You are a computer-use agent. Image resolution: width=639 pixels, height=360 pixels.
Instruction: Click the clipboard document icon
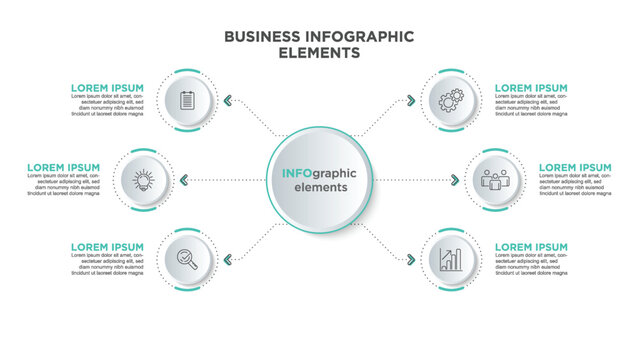(x=187, y=100)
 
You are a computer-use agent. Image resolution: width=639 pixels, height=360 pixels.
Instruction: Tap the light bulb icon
(x=143, y=180)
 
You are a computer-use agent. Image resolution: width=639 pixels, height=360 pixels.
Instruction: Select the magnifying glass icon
(x=187, y=259)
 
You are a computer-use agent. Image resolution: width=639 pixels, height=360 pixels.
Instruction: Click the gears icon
(x=450, y=100)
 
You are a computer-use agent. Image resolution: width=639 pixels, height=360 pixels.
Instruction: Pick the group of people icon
(x=494, y=180)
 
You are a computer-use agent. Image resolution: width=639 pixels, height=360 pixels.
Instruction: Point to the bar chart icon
(x=450, y=260)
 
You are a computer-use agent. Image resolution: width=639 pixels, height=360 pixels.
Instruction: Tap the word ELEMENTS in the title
(x=319, y=53)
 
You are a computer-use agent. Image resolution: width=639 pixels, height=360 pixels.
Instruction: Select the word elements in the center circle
(x=320, y=187)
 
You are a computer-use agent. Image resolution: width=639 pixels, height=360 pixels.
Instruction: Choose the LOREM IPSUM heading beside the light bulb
(x=64, y=167)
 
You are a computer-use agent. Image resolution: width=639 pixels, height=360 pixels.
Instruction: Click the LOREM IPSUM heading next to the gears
(x=531, y=88)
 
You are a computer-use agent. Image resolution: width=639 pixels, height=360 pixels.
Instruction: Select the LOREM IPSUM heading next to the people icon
(x=575, y=167)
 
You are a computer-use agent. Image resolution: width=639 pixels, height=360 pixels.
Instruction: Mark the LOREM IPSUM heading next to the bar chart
(x=531, y=246)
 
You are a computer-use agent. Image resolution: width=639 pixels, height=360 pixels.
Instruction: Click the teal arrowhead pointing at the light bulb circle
(x=184, y=180)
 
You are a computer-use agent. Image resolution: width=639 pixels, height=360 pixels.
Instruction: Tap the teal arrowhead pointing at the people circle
(x=455, y=180)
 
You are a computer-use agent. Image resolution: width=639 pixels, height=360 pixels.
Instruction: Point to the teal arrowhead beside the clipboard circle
(x=228, y=100)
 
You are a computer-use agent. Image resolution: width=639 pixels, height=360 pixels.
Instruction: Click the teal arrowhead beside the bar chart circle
(x=411, y=260)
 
